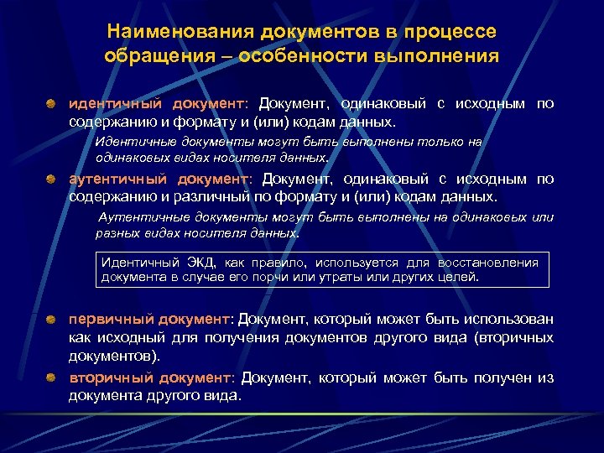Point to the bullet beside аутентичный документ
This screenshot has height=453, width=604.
click(52, 180)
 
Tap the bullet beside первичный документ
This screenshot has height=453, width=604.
click(52, 320)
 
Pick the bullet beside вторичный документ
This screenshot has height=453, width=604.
click(52, 378)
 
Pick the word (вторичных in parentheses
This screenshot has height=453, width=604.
click(513, 337)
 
